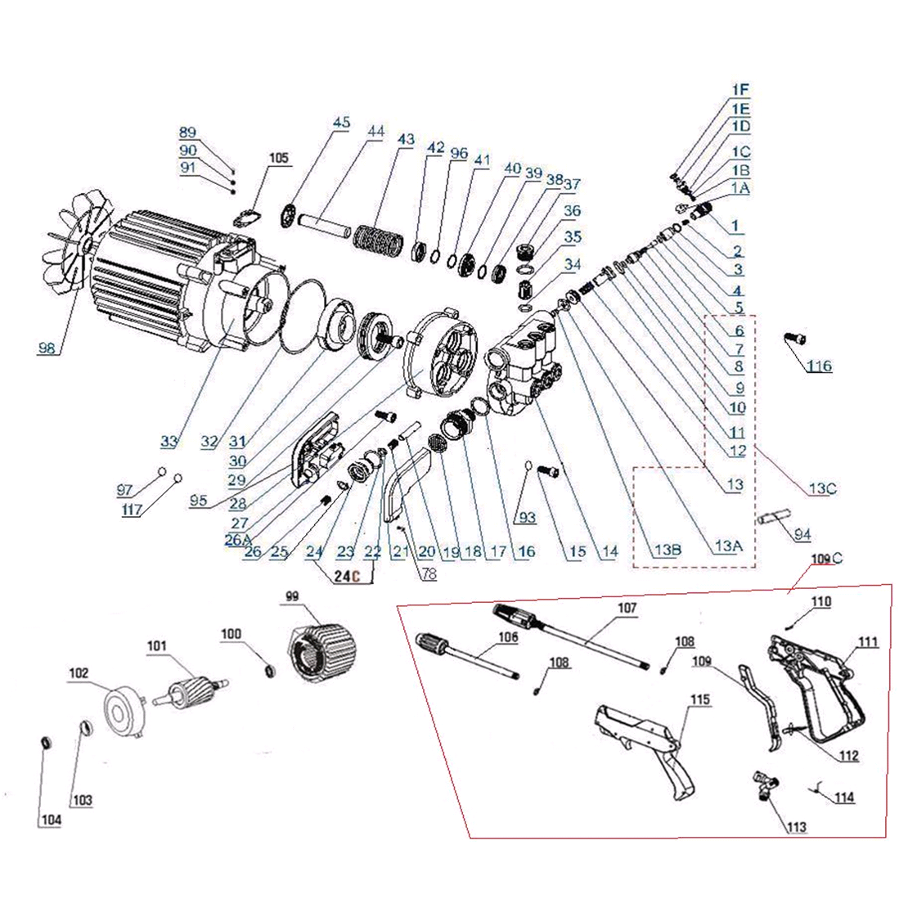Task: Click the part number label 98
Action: click(x=47, y=348)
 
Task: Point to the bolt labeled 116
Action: click(x=794, y=338)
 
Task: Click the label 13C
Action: click(x=822, y=489)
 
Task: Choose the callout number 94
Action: click(x=802, y=535)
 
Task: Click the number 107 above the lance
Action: click(x=627, y=609)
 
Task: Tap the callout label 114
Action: click(x=845, y=798)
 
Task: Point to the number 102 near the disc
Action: click(x=79, y=673)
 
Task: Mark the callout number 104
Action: click(x=50, y=821)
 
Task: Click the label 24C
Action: click(x=348, y=576)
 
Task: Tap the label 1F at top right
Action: click(x=740, y=89)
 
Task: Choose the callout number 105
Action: click(x=279, y=159)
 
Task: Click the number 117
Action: click(x=132, y=510)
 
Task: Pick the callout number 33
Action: click(x=169, y=442)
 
